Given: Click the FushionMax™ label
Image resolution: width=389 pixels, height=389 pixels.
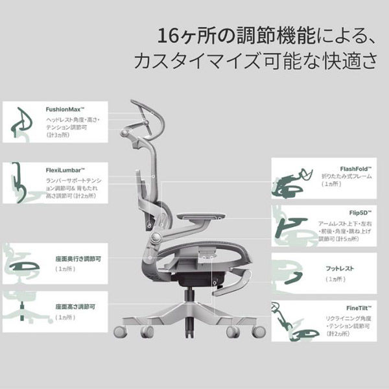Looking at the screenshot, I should [x=67, y=110].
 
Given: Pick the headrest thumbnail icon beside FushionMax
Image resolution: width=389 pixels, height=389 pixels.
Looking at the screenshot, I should [x=23, y=124].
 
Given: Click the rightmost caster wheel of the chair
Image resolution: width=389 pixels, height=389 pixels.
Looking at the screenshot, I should [x=257, y=332].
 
